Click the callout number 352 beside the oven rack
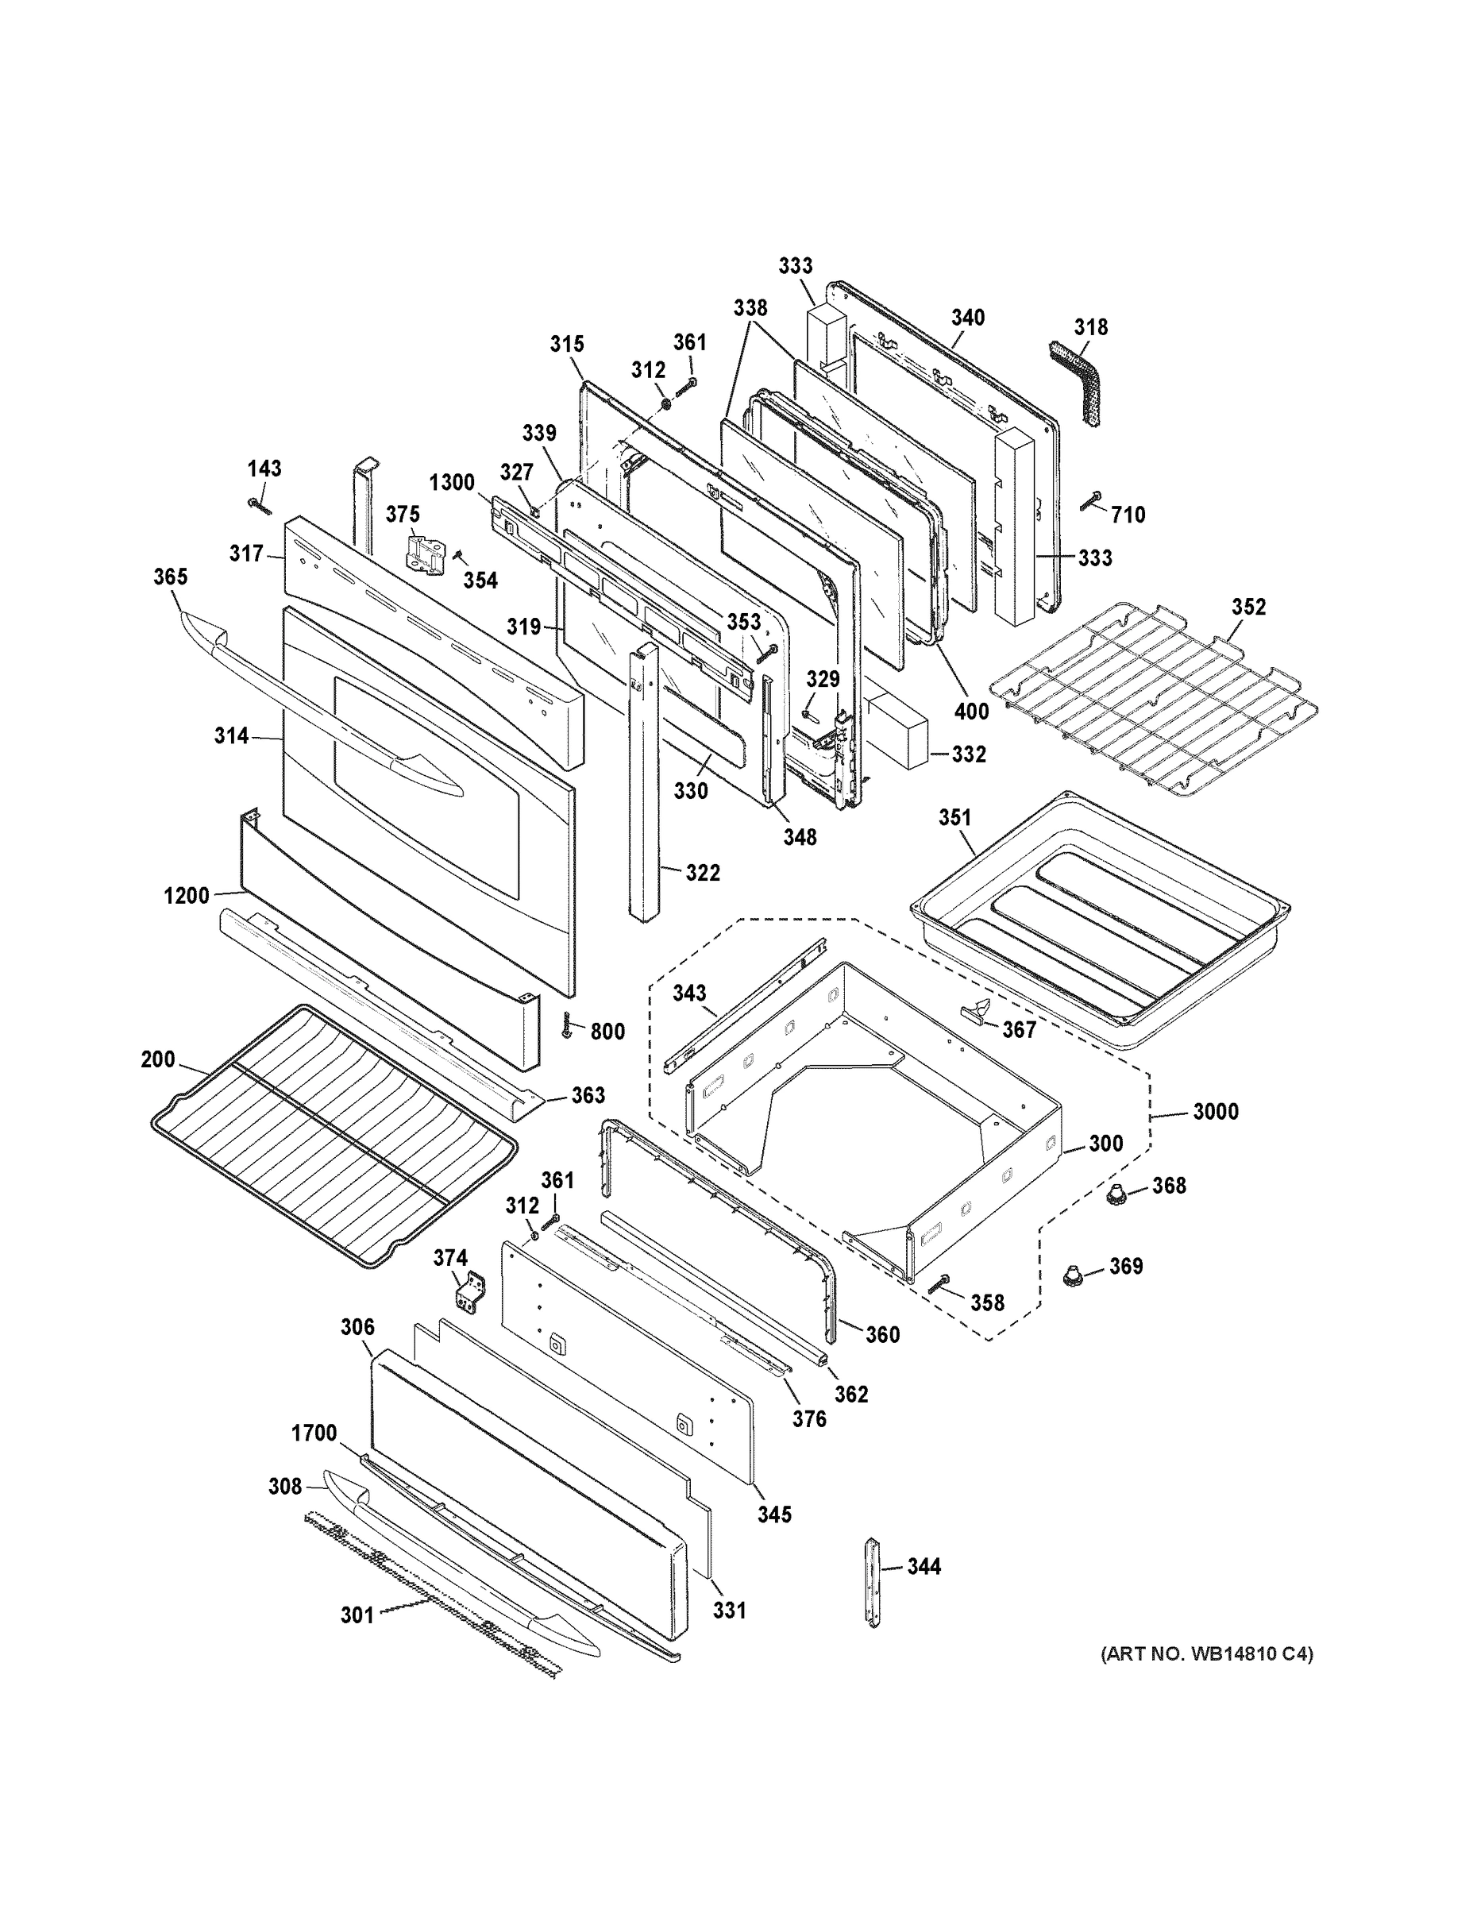click(1247, 607)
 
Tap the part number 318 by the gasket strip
click(1091, 326)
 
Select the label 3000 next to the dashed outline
click(1215, 1112)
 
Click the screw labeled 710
click(1090, 500)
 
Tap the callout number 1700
click(314, 1433)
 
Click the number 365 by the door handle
click(170, 577)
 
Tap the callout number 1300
click(451, 483)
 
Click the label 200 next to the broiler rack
click(158, 1059)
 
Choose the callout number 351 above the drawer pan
click(954, 818)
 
